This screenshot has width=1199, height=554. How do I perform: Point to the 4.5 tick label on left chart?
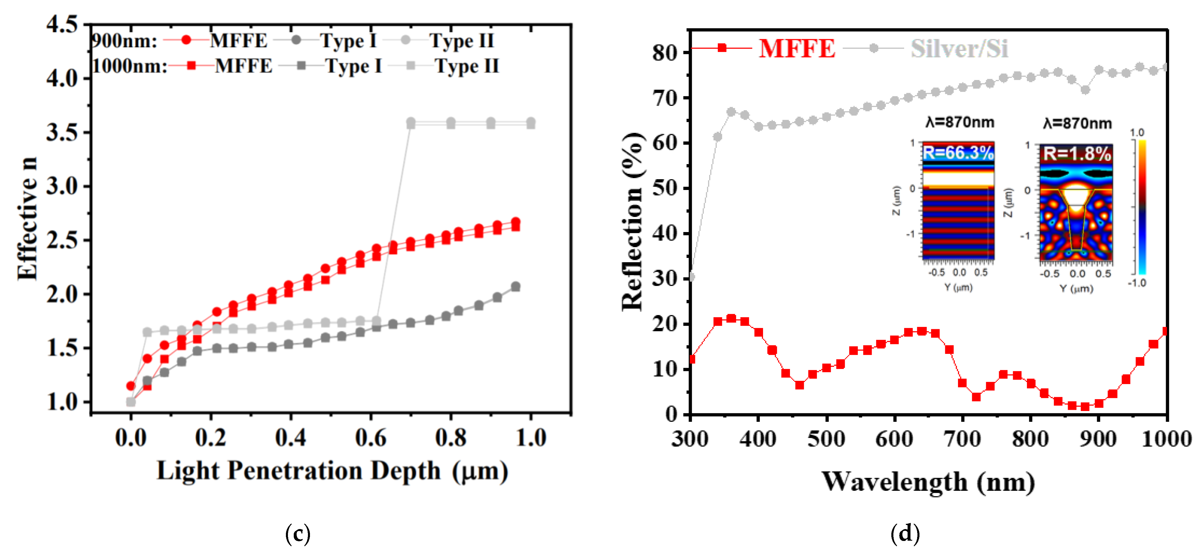pyautogui.click(x=62, y=24)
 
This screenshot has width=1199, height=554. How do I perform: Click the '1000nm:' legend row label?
pyautogui.click(x=129, y=66)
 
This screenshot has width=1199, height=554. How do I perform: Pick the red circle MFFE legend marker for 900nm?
pyautogui.click(x=186, y=40)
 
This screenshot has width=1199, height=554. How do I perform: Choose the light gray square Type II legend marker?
pyautogui.click(x=410, y=66)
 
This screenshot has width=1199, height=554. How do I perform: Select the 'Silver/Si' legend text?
pyautogui.click(x=959, y=48)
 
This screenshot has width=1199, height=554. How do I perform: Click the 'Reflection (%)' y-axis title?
pyautogui.click(x=633, y=221)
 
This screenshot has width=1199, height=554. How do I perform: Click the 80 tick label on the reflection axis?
pyautogui.click(x=665, y=53)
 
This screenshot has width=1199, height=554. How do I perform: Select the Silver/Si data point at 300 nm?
pyautogui.click(x=691, y=277)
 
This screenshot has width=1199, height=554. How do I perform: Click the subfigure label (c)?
pyautogui.click(x=298, y=533)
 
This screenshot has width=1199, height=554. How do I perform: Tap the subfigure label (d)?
pyautogui.click(x=905, y=533)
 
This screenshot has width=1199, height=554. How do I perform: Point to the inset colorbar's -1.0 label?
pyautogui.click(x=1137, y=283)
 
